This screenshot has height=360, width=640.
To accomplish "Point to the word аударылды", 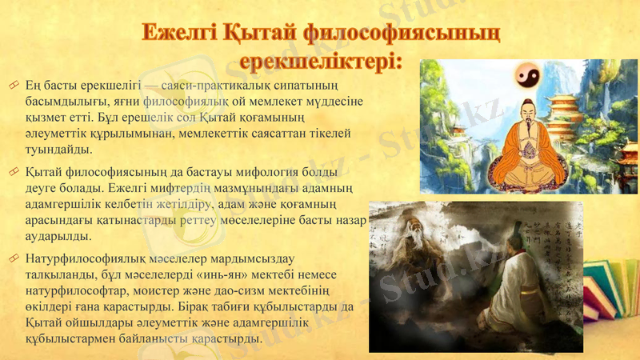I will [61, 237].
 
